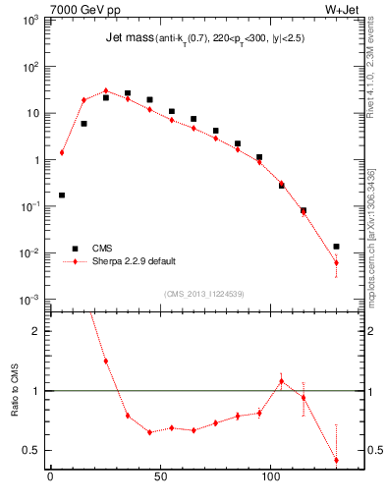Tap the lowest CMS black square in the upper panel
[336, 247]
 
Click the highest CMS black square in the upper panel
[128, 93]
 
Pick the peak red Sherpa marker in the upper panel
[106, 90]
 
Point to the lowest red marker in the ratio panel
[336, 460]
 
